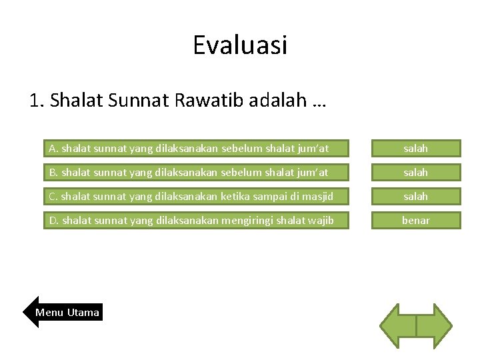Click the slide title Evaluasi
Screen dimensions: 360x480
click(240, 45)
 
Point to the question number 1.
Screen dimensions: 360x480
click(37, 101)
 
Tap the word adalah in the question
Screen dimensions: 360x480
click(278, 101)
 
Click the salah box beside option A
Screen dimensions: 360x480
click(415, 148)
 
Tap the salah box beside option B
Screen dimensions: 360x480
click(415, 172)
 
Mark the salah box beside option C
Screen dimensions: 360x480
click(415, 196)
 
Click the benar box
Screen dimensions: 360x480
click(415, 220)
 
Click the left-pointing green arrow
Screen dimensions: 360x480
click(398, 326)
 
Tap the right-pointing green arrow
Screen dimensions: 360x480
click(434, 326)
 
